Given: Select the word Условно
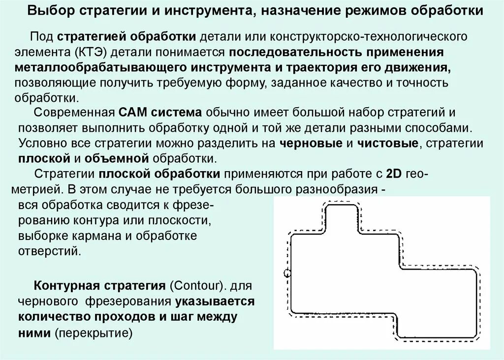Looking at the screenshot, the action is click(x=38, y=144).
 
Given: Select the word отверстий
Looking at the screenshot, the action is click(x=49, y=251).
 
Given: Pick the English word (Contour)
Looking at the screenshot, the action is click(x=193, y=286).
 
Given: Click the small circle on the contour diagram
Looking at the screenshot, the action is click(x=287, y=273).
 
